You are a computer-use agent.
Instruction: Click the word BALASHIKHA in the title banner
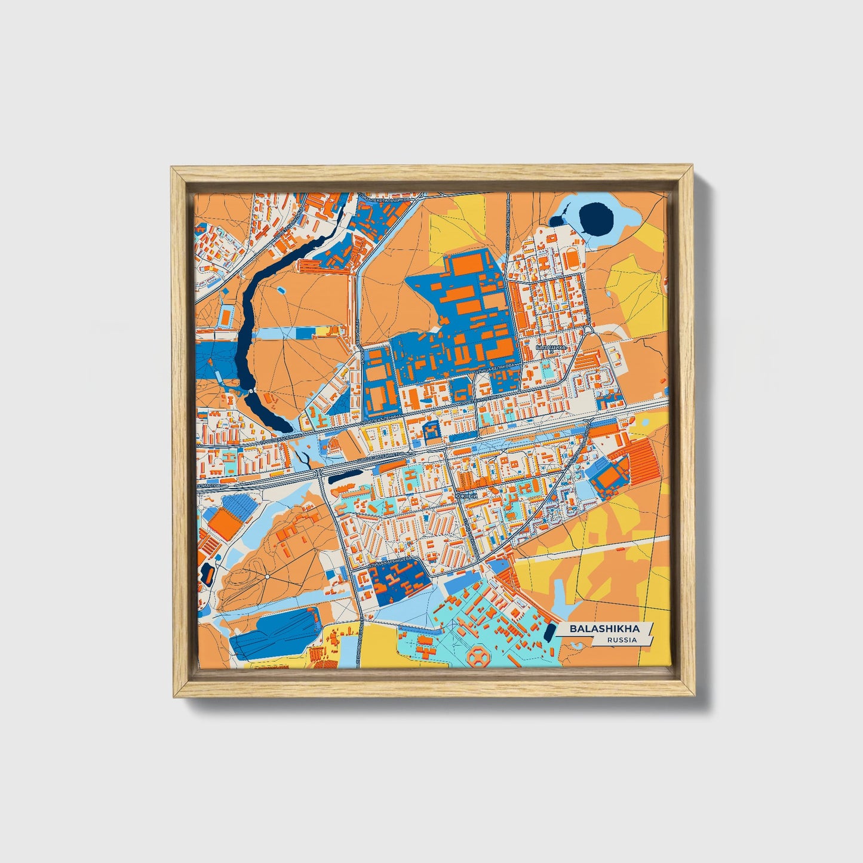click(x=604, y=629)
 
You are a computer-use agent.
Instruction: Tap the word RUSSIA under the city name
click(x=621, y=640)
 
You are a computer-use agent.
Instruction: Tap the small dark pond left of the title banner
click(x=548, y=632)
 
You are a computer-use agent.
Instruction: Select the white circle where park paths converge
click(x=265, y=578)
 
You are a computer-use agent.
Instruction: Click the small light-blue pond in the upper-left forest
click(x=280, y=291)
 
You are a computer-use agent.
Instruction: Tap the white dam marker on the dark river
click(x=250, y=389)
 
